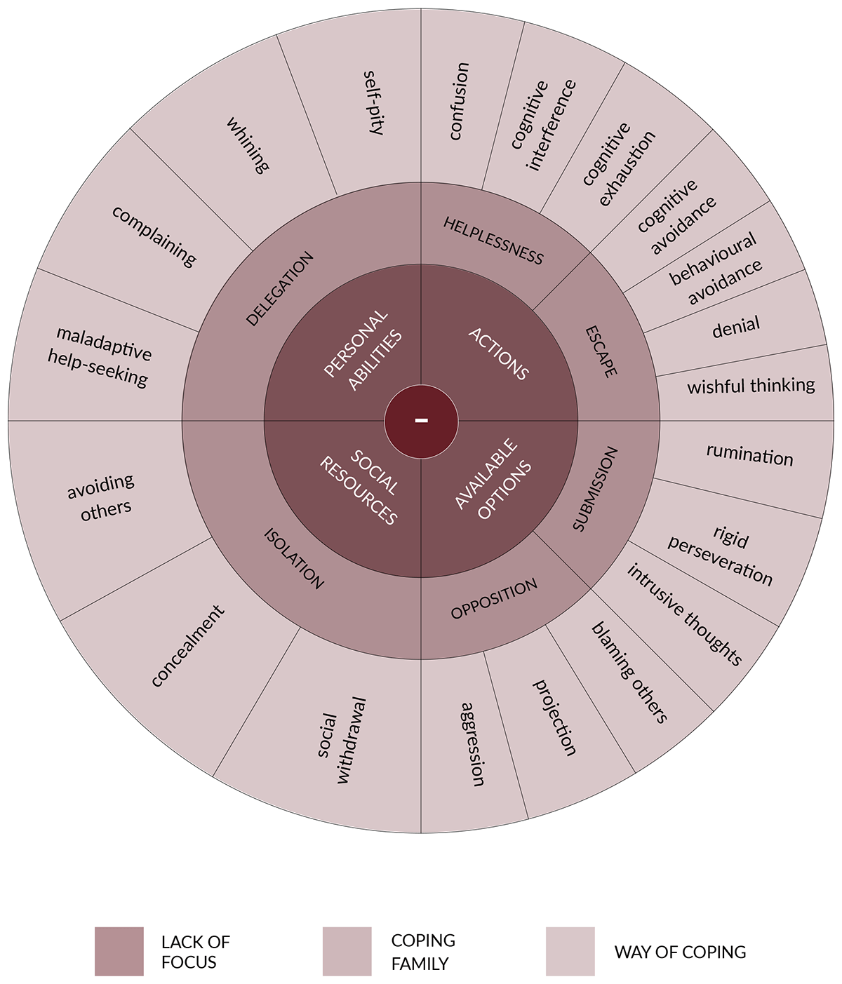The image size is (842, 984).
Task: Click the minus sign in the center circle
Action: pos(421,420)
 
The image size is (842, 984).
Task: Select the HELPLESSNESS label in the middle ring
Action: pos(493,241)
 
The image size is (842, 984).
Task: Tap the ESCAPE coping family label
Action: pos(601,352)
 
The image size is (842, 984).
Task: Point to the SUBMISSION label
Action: pos(595,489)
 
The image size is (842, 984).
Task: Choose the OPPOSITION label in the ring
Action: pos(494,598)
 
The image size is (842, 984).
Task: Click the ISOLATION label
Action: pos(294,558)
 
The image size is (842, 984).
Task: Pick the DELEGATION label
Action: pos(280,288)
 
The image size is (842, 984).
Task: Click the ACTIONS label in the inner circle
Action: pos(498,353)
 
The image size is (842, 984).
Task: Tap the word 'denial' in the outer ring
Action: pos(736,327)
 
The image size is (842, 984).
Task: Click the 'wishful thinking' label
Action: pos(751,385)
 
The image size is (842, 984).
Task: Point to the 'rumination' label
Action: pos(749,454)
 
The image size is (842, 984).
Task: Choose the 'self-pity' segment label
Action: pos(374,103)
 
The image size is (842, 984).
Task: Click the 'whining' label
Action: pos(248,145)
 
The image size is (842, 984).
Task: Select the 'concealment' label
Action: pos(187,646)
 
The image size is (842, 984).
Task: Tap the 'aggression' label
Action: pos(473,743)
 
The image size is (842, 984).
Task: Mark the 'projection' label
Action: pos(554,717)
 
